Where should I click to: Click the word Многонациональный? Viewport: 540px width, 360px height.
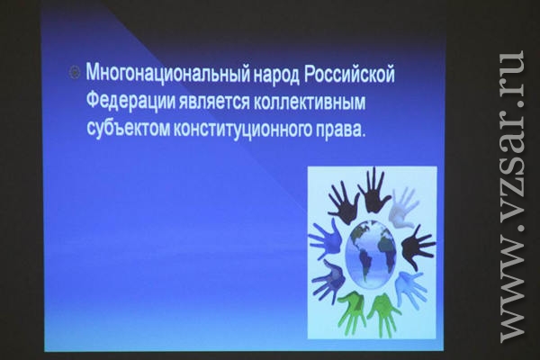click(x=168, y=74)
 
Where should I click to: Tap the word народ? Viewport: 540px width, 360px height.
click(x=276, y=74)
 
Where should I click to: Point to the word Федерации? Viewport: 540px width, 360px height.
click(x=130, y=102)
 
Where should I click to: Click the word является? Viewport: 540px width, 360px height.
click(x=214, y=103)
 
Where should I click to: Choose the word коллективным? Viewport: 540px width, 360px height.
click(x=310, y=103)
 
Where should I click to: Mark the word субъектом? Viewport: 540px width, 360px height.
click(x=128, y=129)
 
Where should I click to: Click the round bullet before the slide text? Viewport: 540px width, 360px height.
click(x=75, y=73)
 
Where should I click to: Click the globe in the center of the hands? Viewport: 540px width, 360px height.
click(x=371, y=254)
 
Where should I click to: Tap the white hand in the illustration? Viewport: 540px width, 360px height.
click(x=404, y=207)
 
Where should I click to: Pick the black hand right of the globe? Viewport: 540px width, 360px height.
click(x=418, y=247)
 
